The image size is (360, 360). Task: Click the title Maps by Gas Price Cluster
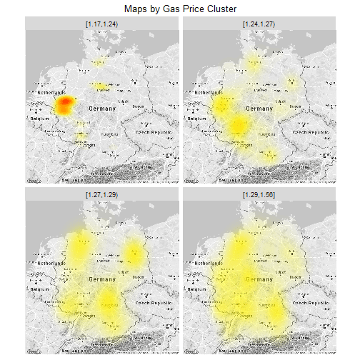click(x=179, y=8)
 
